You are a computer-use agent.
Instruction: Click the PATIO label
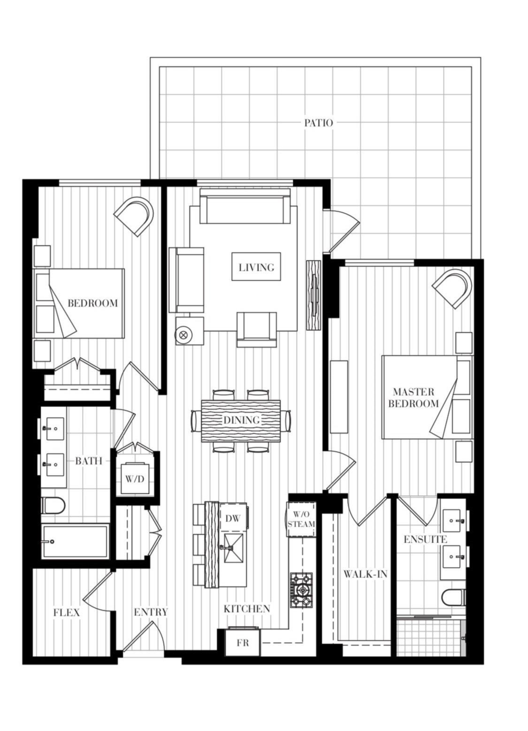(x=319, y=122)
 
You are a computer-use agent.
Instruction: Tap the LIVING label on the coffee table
(x=256, y=267)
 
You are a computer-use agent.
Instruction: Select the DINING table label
(x=241, y=420)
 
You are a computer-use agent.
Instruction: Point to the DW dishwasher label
(x=231, y=518)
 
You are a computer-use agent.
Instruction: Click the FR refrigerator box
(x=243, y=643)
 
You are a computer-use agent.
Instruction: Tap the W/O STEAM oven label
(x=301, y=520)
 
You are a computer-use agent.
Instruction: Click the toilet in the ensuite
(x=454, y=597)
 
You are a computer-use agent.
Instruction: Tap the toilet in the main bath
(x=54, y=505)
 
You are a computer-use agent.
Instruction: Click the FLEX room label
(x=66, y=612)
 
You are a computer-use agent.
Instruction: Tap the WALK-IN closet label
(x=365, y=574)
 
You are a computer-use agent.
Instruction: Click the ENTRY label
(x=151, y=612)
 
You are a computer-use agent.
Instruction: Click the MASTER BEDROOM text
(x=415, y=397)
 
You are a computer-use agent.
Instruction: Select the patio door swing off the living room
(x=342, y=228)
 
